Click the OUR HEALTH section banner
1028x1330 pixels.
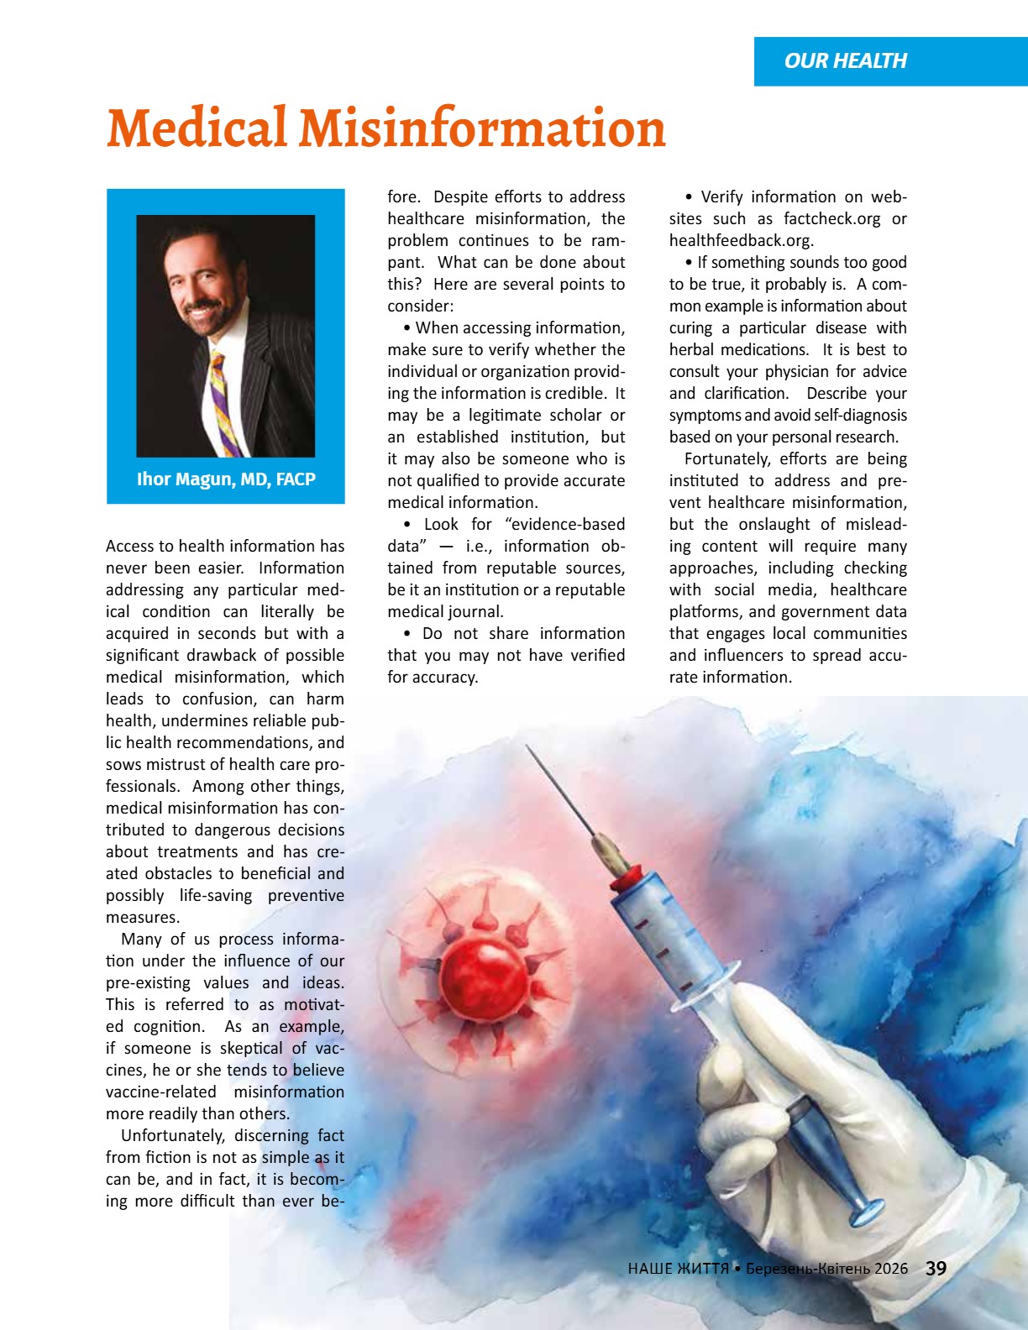pos(845,61)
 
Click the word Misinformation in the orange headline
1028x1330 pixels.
pos(482,129)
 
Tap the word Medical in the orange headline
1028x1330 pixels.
pos(197,129)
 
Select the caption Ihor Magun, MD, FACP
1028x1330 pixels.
pos(226,479)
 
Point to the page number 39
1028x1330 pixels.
pos(936,1269)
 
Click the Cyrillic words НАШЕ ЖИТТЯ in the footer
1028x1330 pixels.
pos(678,1269)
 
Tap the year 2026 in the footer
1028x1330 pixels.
pos(890,1269)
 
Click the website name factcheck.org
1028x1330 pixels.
pos(831,219)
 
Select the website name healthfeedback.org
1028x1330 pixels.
pos(740,241)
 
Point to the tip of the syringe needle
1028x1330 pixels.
pos(528,746)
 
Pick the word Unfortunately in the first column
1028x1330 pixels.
pos(171,1136)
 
